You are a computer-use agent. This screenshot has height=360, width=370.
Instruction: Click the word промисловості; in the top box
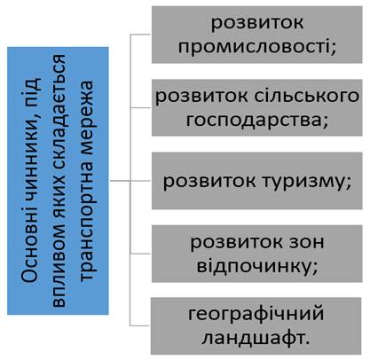coord(257,47)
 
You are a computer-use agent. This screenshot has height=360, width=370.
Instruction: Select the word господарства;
coord(257,121)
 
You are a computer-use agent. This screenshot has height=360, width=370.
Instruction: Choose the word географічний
coord(256,315)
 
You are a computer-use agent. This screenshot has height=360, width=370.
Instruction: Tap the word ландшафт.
coord(256,339)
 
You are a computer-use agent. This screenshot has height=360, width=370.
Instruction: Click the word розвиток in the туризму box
coord(209,181)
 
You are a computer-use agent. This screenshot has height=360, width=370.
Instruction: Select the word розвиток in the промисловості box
coord(257,23)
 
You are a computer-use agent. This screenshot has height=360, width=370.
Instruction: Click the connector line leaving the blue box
coord(120,181)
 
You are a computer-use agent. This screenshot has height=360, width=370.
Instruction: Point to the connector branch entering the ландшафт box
coord(140,326)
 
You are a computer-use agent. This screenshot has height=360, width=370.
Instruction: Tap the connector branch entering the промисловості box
coord(141,35)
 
